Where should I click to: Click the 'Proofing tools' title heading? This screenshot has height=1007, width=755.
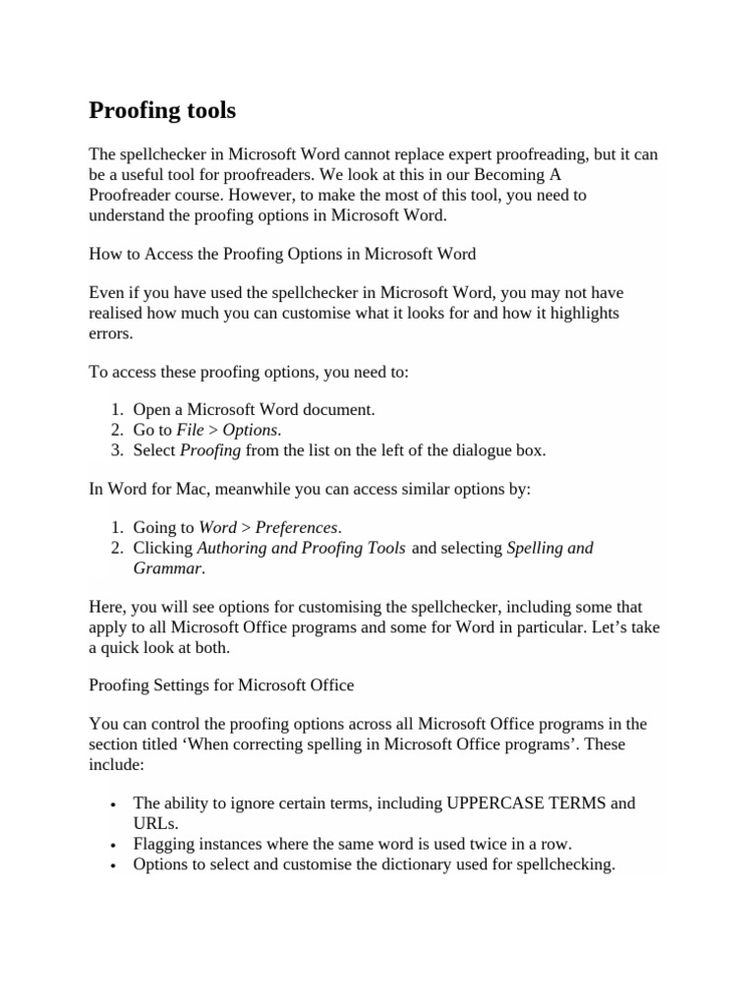click(162, 110)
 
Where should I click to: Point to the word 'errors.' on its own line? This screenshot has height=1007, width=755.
click(110, 332)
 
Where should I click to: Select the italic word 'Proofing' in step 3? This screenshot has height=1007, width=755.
click(210, 450)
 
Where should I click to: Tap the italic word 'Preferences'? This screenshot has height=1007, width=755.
click(298, 527)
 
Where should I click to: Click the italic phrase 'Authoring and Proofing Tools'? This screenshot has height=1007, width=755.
click(301, 547)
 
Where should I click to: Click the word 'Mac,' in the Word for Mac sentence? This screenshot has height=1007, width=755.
click(224, 489)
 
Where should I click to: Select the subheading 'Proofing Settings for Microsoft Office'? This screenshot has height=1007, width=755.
click(221, 683)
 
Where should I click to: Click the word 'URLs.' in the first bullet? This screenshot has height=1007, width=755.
click(155, 822)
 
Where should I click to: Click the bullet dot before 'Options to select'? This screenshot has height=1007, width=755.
click(115, 866)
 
